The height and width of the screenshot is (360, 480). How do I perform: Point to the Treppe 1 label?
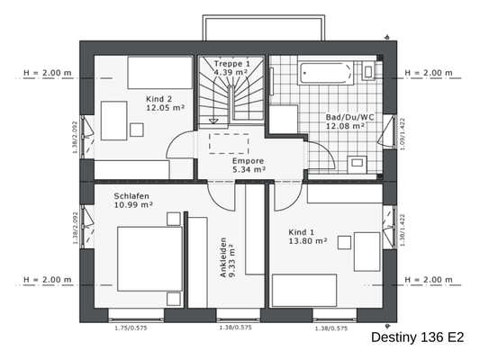[233, 64]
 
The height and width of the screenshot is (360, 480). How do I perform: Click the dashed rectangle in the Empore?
[229, 142]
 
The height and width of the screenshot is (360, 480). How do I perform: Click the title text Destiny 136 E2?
[417, 337]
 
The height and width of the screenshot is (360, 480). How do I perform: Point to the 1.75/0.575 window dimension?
[131, 328]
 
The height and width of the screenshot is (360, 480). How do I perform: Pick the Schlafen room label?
[131, 195]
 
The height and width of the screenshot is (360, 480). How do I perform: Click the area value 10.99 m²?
[133, 205]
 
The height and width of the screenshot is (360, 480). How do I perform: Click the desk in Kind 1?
[367, 251]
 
